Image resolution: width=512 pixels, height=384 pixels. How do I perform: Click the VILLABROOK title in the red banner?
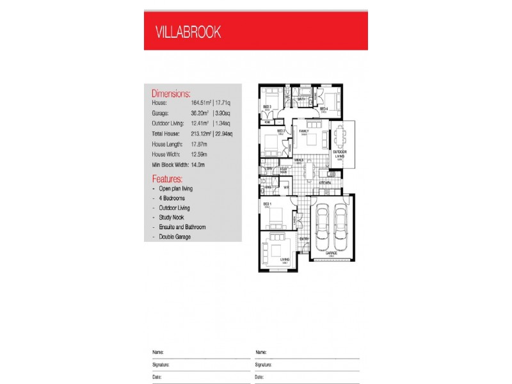(x=188, y=33)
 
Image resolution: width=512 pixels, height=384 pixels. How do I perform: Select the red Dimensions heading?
(x=171, y=93)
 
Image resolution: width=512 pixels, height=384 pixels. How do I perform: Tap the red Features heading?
(x=167, y=179)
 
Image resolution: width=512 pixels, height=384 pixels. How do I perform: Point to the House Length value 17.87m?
(x=201, y=145)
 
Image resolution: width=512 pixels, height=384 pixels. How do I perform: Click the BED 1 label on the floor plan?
(x=267, y=203)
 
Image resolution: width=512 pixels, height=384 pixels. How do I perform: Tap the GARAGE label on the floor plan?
(x=332, y=253)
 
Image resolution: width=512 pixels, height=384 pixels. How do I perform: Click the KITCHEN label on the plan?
(x=325, y=183)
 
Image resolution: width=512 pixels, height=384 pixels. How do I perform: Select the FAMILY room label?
(x=304, y=131)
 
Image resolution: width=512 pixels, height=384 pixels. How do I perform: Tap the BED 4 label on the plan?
(x=324, y=109)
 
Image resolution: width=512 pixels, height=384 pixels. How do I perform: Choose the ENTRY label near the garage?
(x=304, y=239)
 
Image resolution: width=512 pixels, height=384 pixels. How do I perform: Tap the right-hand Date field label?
(x=260, y=378)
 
